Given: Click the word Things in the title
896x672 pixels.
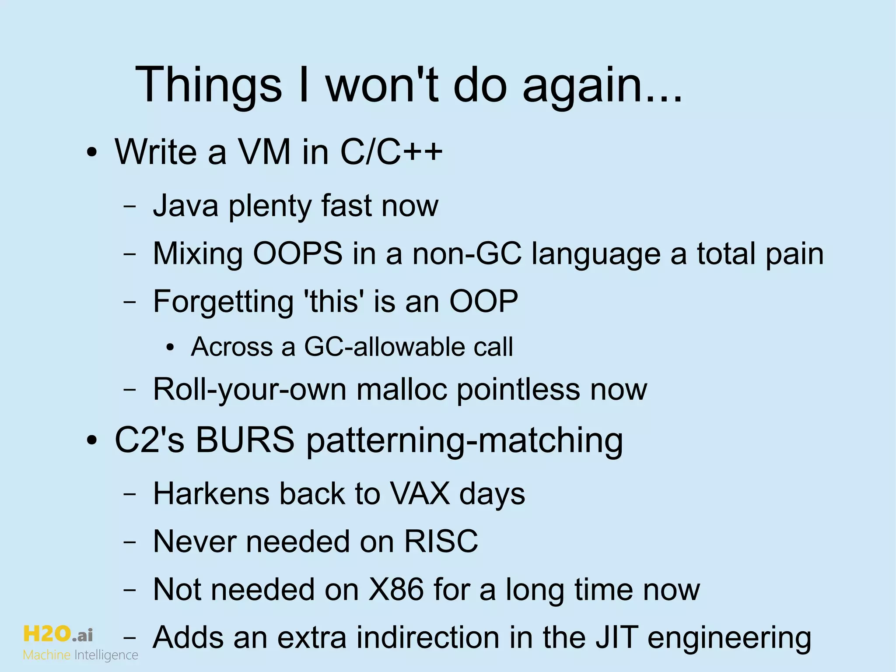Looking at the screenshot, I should click(209, 84).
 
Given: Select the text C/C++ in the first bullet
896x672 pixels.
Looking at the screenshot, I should click(391, 152).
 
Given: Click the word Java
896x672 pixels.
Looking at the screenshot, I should click(185, 205).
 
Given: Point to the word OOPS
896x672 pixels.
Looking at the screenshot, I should click(297, 253).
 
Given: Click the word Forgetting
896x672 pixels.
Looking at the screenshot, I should click(223, 302).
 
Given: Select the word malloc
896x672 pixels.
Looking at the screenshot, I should click(402, 389).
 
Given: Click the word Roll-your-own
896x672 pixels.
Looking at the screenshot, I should click(250, 390).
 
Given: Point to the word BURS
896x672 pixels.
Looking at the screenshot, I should click(245, 440).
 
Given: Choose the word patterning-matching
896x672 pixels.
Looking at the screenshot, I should click(464, 440).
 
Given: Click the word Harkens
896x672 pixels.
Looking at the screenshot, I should click(211, 494).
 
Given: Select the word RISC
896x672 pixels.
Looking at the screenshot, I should click(441, 542).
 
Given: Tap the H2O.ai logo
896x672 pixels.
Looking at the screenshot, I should click(58, 634).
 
